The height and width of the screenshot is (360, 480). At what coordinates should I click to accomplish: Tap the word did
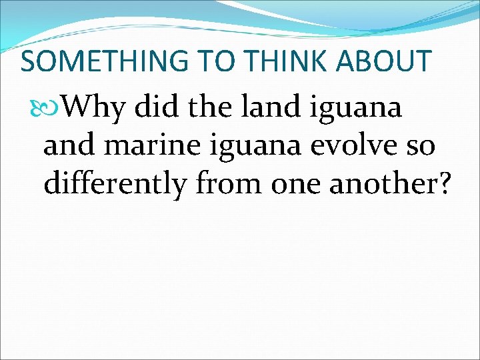(153, 107)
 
